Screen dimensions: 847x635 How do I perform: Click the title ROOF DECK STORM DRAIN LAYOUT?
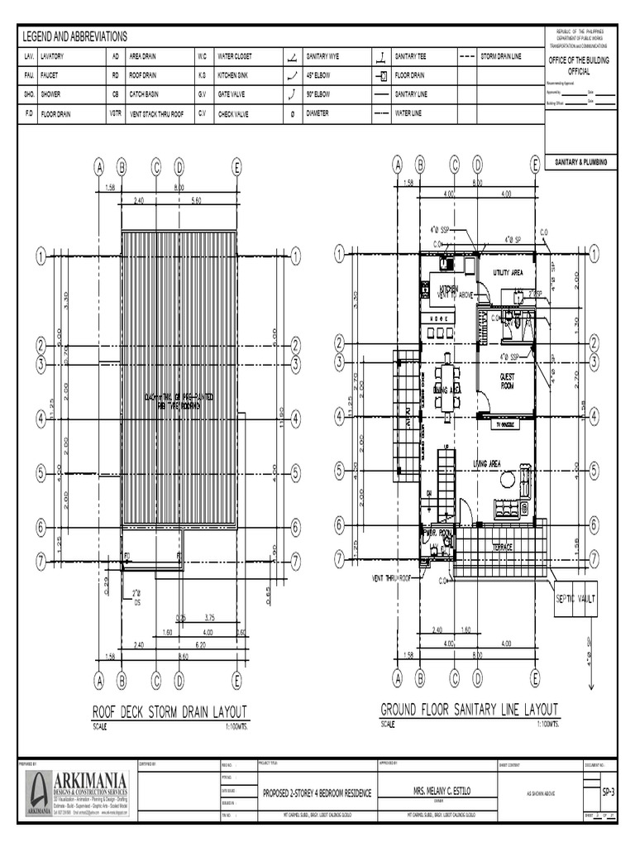click(169, 712)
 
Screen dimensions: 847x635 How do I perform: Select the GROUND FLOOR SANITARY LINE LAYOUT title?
click(469, 710)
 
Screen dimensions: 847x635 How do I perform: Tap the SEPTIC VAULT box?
click(575, 597)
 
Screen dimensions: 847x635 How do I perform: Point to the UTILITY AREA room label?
click(508, 272)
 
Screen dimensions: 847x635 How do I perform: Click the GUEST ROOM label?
click(508, 381)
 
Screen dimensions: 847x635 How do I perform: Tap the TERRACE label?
click(503, 548)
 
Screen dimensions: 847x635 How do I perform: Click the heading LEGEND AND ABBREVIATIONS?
click(74, 37)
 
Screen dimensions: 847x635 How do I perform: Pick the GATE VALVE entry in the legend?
click(231, 93)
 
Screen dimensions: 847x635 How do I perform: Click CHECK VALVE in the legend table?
click(232, 113)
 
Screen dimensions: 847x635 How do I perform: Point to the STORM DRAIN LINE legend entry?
click(501, 56)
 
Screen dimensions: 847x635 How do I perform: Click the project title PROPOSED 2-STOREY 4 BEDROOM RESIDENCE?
click(317, 793)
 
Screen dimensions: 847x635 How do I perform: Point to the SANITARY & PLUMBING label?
click(581, 163)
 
